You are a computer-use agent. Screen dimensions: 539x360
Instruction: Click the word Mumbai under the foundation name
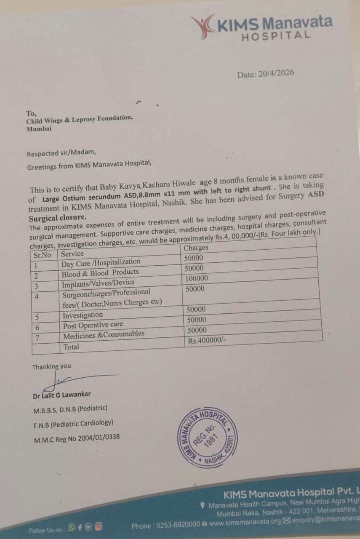tap(39, 129)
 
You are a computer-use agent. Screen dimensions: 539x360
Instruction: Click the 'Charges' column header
tap(196, 248)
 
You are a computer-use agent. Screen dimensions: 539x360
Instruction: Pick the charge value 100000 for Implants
tap(196, 278)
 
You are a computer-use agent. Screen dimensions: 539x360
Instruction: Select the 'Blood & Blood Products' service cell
tap(94, 273)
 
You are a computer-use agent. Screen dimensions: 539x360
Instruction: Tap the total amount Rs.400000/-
tap(207, 340)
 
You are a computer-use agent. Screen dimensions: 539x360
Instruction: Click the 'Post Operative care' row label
tap(93, 325)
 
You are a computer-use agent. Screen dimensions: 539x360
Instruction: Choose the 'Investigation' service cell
tap(83, 315)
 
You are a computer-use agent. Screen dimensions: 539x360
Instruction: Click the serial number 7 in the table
tap(38, 337)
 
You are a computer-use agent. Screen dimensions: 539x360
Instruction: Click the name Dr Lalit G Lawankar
tap(61, 395)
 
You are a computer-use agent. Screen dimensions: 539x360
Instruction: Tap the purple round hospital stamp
tap(207, 437)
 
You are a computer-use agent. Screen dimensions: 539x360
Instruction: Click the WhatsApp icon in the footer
tap(72, 527)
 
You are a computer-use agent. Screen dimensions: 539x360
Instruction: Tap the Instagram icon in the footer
tap(99, 526)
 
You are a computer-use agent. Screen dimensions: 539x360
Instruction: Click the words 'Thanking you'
tap(51, 367)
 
